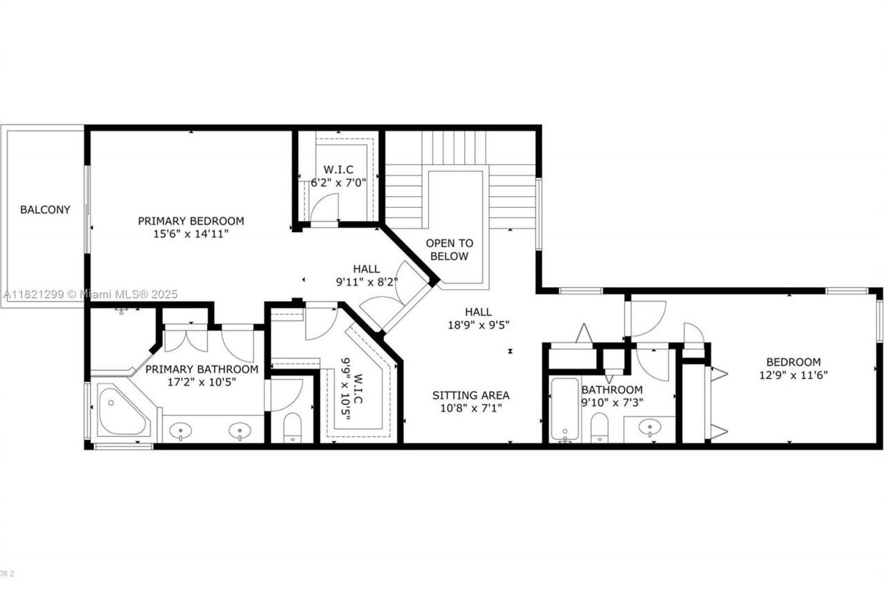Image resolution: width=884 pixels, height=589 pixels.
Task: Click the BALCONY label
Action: (45, 209)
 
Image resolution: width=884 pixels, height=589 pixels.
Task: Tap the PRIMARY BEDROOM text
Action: (191, 221)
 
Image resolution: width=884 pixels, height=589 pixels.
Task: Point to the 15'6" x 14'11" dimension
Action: (191, 234)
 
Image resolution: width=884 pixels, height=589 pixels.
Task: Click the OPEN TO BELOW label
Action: (450, 249)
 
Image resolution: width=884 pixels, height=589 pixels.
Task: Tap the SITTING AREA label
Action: (471, 395)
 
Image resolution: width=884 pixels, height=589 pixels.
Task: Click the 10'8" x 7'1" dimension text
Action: (471, 408)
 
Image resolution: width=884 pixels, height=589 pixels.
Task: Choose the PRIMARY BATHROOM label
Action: (202, 369)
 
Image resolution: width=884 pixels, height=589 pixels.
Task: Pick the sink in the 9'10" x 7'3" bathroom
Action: (649, 428)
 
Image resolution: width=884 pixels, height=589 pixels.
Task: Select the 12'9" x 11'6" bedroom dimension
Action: (794, 375)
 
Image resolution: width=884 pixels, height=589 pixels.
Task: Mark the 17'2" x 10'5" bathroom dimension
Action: (202, 381)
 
